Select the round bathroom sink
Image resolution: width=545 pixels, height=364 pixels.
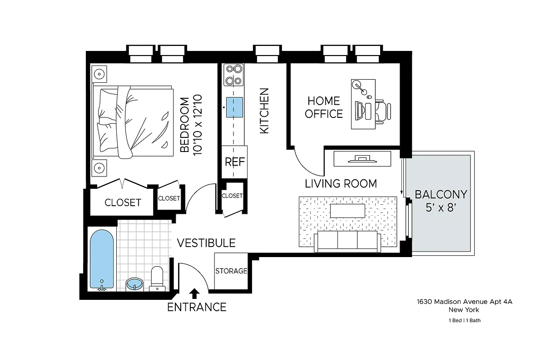coord(134,284)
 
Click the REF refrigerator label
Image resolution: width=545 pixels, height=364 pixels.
coord(235,162)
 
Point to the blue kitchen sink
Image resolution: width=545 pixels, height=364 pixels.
coord(234,107)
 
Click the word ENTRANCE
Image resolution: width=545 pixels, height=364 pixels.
coord(197,307)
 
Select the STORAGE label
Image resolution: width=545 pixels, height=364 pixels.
coord(231,271)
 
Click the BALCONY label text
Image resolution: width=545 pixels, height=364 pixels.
coord(441,195)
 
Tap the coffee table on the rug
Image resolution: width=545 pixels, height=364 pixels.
coord(347,211)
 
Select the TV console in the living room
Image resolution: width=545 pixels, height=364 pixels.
coord(362,159)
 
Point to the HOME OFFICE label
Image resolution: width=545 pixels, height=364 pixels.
coord(324,107)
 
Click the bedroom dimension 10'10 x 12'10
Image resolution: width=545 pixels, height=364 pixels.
coord(198,125)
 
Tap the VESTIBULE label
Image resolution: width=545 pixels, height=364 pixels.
coord(206,243)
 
